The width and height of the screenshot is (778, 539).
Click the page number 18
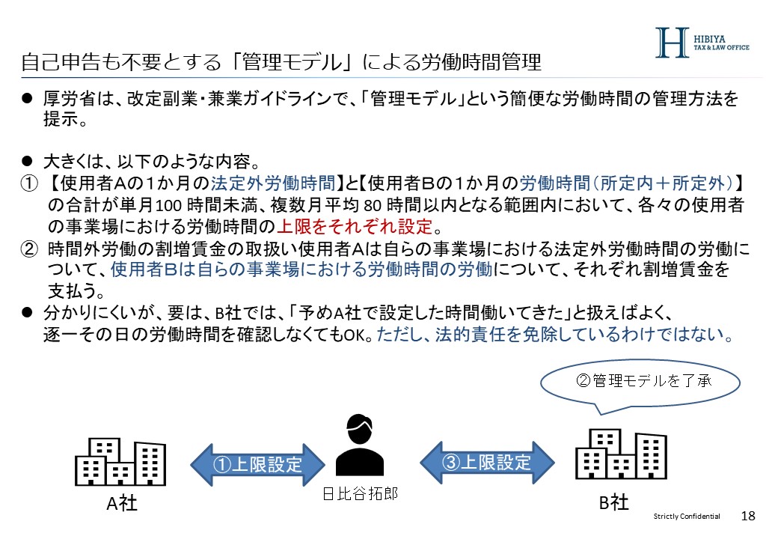click(x=748, y=517)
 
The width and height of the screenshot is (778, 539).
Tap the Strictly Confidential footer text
click(x=686, y=517)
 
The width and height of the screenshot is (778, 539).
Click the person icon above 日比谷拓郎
click(x=360, y=444)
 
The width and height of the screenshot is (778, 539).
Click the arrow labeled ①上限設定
click(x=259, y=464)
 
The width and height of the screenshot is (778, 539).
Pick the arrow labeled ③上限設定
click(x=487, y=462)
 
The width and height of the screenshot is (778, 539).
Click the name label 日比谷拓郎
click(x=360, y=493)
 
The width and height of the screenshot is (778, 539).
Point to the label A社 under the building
click(x=120, y=504)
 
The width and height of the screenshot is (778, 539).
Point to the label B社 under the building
click(x=613, y=502)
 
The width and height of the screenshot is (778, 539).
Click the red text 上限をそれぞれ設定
click(x=355, y=226)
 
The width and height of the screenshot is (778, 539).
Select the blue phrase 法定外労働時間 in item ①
click(x=273, y=183)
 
